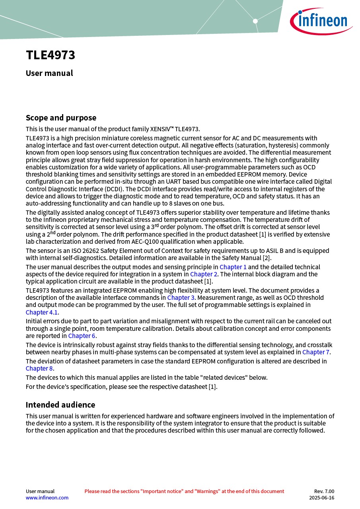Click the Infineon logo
coord(321,21)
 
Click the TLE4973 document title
coord(51,55)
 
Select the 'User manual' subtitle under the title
coord(49,73)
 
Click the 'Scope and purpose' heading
coord(61,118)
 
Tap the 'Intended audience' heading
coord(60,405)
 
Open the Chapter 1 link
coord(233,267)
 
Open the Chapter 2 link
coord(204,274)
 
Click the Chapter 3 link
coord(181,297)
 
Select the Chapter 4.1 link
coord(42,312)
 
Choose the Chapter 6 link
coord(82,336)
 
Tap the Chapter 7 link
coord(316,352)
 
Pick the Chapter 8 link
coord(39,368)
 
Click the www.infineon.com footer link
coord(47,497)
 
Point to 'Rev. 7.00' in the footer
coord(324,491)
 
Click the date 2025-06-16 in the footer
coord(321,497)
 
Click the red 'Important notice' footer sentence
coord(184,491)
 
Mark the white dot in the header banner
coord(255,21)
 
